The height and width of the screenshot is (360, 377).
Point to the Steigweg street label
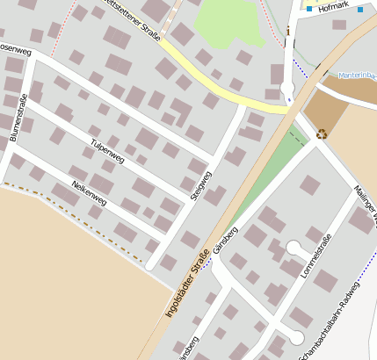click(200, 181)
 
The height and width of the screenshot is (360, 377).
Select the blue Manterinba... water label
click(356, 76)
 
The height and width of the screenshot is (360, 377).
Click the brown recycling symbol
click(322, 133)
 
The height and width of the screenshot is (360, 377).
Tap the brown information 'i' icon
click(286, 32)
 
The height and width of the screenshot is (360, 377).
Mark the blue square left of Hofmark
click(309, 10)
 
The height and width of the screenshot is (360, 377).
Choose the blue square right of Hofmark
click(360, 10)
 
